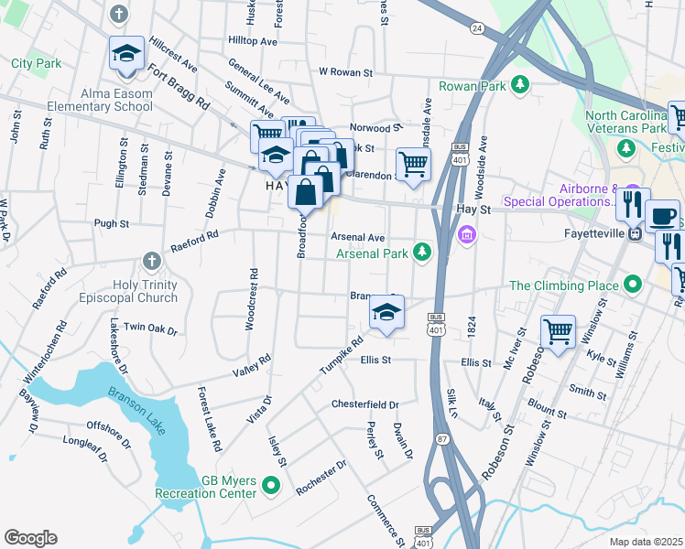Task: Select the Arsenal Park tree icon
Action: (x=421, y=252)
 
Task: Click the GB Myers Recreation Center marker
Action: (x=271, y=484)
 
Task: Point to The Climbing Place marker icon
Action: (x=631, y=285)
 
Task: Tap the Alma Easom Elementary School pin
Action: (x=126, y=55)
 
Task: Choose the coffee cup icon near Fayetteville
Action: (x=662, y=217)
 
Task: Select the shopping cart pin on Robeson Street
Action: (x=558, y=331)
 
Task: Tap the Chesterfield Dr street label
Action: (x=364, y=404)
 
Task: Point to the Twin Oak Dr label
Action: (x=149, y=327)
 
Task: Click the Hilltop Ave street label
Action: (x=252, y=42)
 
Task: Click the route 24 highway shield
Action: (x=477, y=28)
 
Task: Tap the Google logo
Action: (x=30, y=538)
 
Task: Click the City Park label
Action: (x=37, y=64)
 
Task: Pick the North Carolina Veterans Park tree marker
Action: (x=626, y=148)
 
